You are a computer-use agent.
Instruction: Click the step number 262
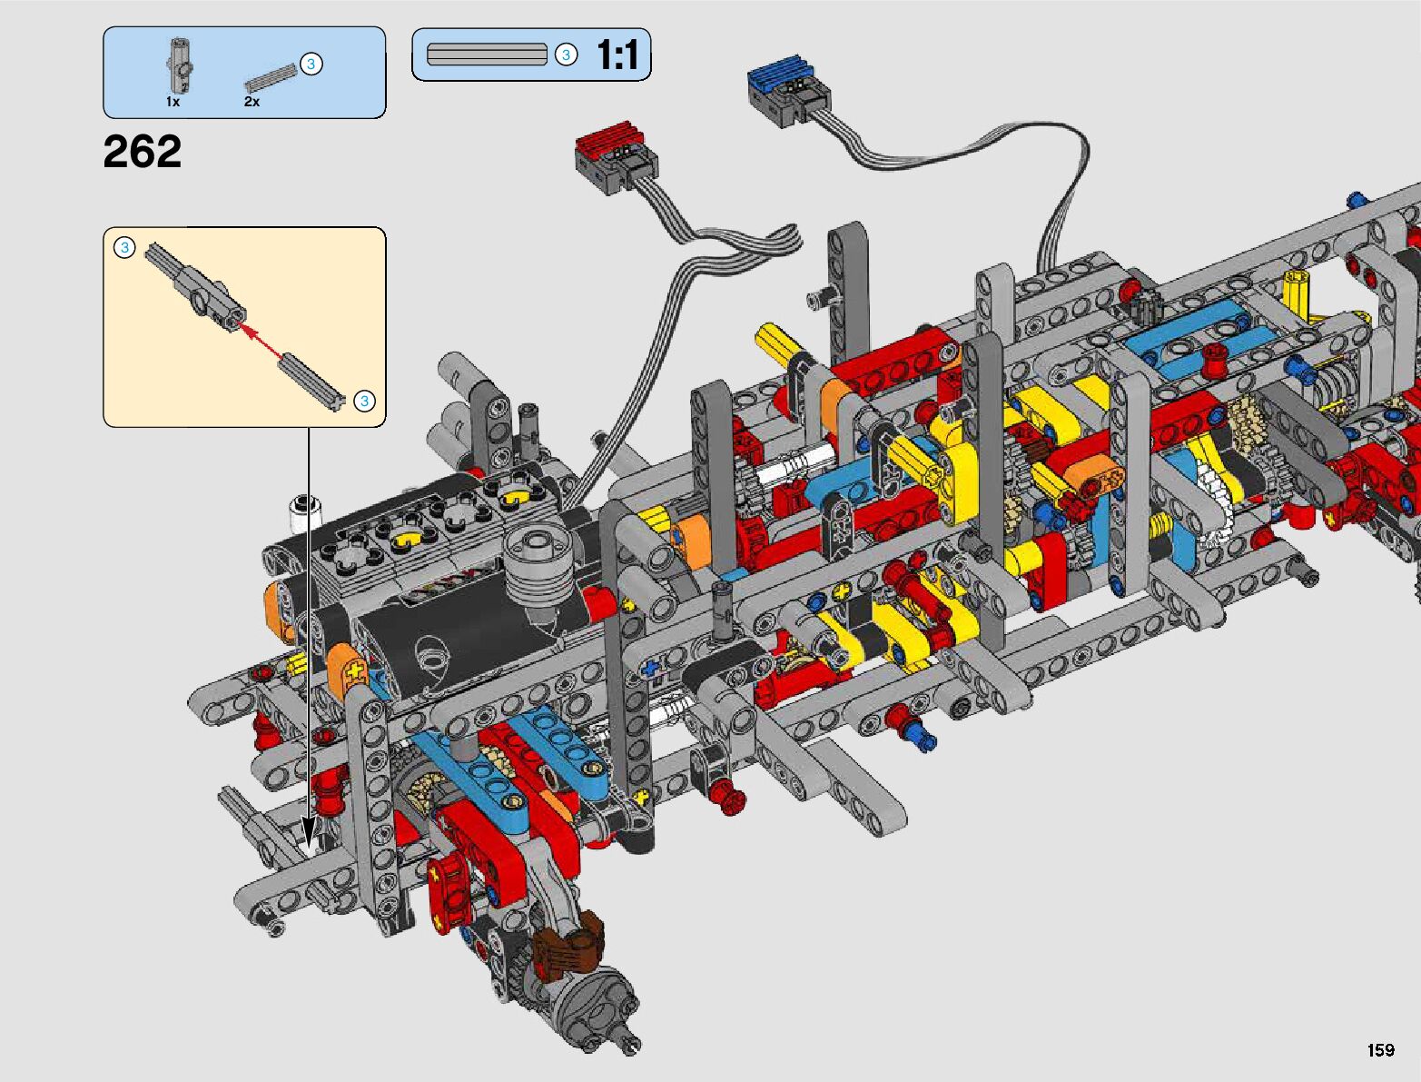(x=143, y=152)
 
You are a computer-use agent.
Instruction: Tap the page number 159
(x=1381, y=1049)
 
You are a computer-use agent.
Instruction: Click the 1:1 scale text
(x=617, y=55)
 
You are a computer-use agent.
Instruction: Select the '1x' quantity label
(x=173, y=102)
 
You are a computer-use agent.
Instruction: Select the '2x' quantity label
(x=252, y=102)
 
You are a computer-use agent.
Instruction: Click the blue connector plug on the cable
(x=788, y=90)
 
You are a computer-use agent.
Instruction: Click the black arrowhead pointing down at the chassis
(x=308, y=832)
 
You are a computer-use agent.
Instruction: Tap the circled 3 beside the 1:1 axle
(x=566, y=55)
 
